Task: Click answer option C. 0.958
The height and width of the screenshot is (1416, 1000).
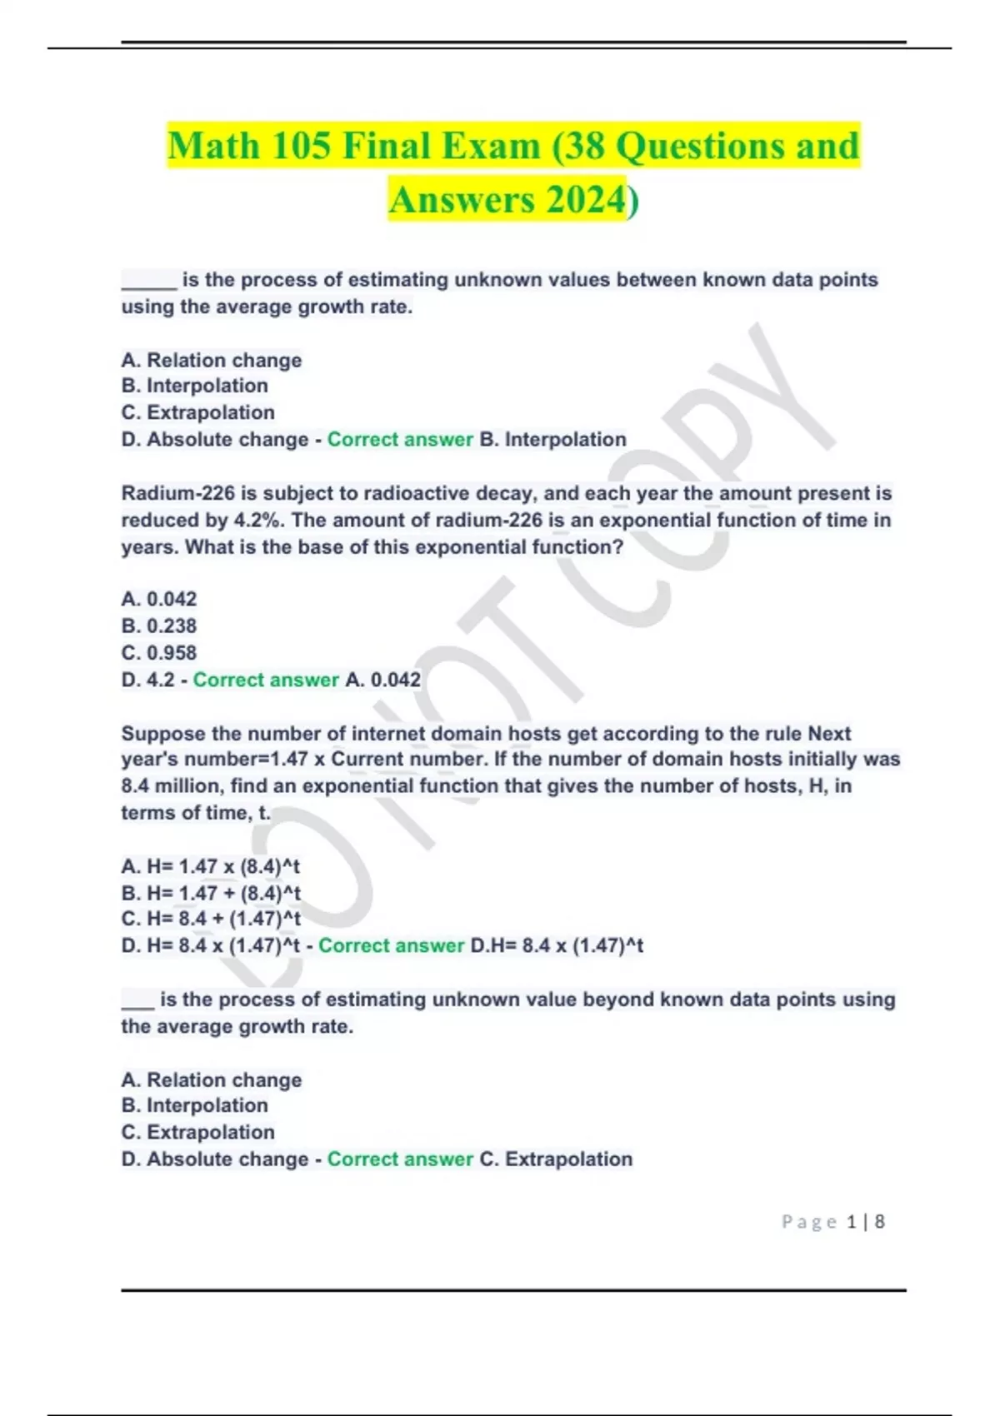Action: (159, 653)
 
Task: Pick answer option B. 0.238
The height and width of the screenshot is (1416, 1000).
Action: (159, 626)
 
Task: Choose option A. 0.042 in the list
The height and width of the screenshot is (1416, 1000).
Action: (159, 599)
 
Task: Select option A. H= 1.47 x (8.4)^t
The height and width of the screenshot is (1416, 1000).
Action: (210, 866)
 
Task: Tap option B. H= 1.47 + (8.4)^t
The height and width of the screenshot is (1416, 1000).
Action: (211, 893)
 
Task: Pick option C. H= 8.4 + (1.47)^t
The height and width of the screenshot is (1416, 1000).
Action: (211, 919)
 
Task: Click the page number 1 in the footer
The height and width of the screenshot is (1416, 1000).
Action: (851, 1222)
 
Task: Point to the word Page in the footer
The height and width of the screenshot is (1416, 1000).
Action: (809, 1222)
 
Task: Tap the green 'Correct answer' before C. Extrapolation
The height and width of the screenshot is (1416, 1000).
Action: (400, 1159)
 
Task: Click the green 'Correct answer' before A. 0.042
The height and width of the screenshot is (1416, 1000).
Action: (266, 680)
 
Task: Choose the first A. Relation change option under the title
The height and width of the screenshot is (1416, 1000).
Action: (212, 361)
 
